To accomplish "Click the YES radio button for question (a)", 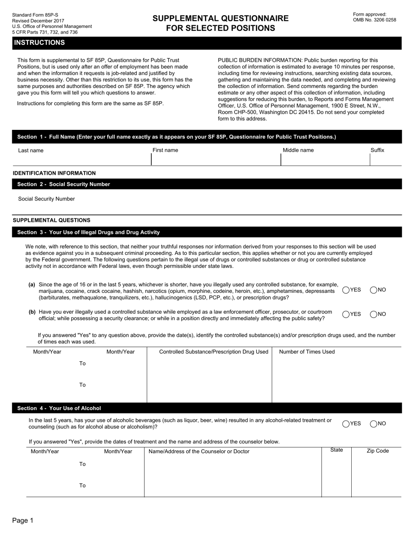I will coord(346,290).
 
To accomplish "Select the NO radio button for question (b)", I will coord(373,314).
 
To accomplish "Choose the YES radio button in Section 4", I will coord(346,424).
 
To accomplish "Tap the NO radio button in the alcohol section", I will coord(373,424).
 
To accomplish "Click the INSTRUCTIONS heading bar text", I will coord(39,43).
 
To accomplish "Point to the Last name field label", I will coord(31,151).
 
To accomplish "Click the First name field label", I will coord(165,150).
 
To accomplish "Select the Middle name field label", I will coord(298,150).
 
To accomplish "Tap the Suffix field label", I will coord(377,150).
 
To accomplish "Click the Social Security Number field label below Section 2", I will coord(46,199).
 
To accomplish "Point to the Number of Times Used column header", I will coord(307,352).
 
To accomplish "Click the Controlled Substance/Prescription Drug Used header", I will coord(214,352).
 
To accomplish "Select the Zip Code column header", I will coord(377,451).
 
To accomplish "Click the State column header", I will coord(336,450).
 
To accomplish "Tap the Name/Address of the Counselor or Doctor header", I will coord(199,451).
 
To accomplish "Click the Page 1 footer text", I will coord(23,520).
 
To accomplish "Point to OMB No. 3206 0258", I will coord(374,20).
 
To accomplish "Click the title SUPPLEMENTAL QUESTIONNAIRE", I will coord(221,18).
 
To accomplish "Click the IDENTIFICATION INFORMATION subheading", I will coord(54,173).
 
